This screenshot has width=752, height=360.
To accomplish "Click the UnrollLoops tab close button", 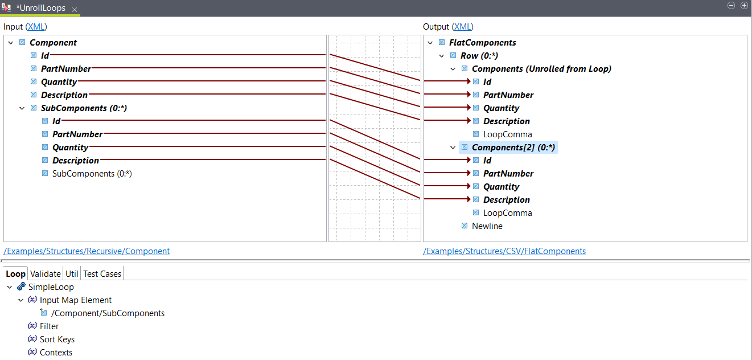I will [75, 10].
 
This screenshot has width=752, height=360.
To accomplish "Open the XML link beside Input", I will [36, 27].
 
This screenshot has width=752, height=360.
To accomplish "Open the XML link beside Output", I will [463, 27].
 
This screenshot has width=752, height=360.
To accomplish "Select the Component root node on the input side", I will [53, 43].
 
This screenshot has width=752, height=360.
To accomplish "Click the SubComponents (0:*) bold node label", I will [83, 108].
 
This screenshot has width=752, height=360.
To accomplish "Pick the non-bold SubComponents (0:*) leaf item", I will [92, 174].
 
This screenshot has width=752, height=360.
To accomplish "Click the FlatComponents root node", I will [482, 43].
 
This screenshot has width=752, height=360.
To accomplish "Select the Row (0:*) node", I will [479, 56].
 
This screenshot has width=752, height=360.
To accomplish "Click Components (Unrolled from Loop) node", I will [541, 69].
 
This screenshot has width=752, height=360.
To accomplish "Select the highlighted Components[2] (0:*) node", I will [513, 148].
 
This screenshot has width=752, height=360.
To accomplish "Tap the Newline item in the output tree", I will [487, 226].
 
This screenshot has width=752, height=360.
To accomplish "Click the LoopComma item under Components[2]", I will [507, 213].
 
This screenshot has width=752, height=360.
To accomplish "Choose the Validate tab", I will [45, 274].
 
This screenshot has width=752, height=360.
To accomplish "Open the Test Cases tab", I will [102, 274].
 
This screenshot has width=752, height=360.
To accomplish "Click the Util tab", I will [72, 274].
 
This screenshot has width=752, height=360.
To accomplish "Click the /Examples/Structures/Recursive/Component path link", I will [87, 251].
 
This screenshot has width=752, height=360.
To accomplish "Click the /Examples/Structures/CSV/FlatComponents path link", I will [504, 251].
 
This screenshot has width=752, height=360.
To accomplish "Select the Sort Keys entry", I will [57, 339].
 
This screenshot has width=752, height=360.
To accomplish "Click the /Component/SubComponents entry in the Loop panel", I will [108, 313].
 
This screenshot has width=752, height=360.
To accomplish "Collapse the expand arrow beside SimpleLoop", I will [10, 287].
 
